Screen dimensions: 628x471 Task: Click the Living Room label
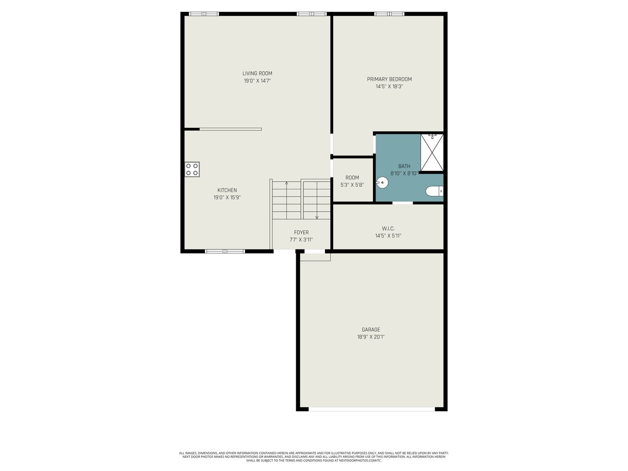(257, 74)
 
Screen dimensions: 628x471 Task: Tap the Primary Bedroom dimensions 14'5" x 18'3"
(389, 86)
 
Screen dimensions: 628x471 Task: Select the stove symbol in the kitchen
(192, 169)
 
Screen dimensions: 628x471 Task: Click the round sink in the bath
(382, 182)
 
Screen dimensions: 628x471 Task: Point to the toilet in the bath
(434, 191)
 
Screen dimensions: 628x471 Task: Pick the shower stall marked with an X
(432, 153)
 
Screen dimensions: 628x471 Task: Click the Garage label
(371, 329)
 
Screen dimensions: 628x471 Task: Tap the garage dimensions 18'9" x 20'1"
(371, 337)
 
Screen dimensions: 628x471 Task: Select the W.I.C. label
(388, 229)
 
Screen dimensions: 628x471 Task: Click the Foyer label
(301, 232)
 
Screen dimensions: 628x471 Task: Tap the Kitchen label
(227, 190)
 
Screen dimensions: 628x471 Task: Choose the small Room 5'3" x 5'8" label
(352, 181)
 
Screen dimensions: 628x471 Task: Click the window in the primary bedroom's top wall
(389, 14)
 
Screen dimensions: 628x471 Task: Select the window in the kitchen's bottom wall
(225, 251)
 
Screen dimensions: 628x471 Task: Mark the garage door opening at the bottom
(372, 409)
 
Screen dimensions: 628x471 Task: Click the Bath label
(404, 166)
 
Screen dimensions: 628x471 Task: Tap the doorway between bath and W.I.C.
(403, 203)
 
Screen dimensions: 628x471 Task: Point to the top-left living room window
(204, 14)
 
